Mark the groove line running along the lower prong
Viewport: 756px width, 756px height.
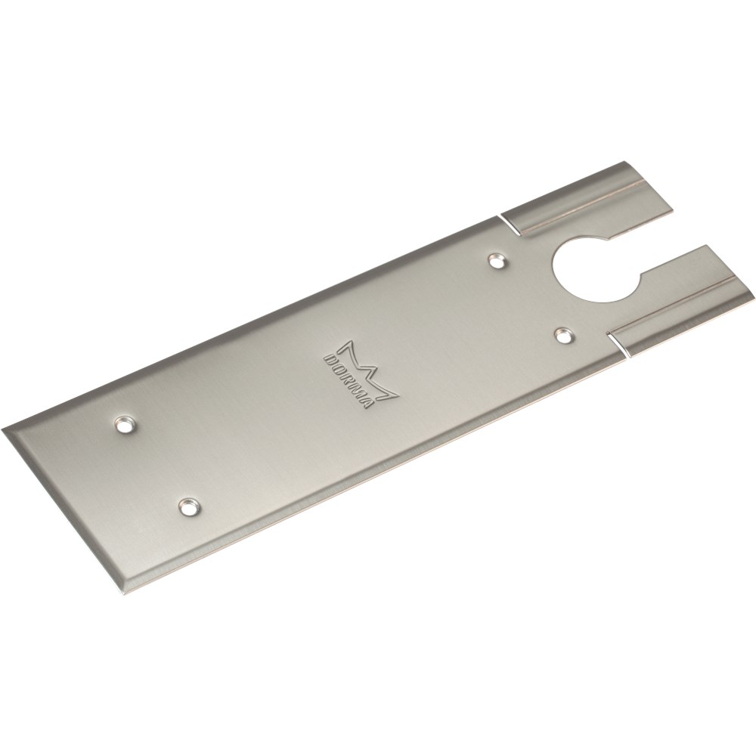(x=680, y=295)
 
